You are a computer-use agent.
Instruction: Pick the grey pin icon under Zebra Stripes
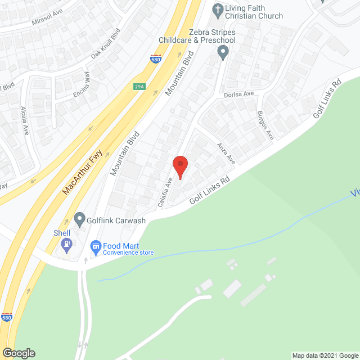point(223,53)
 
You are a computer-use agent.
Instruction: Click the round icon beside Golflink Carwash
point(79,218)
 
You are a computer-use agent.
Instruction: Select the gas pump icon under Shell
point(67,245)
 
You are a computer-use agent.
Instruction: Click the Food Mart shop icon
point(96,246)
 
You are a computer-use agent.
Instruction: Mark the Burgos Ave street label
point(265,127)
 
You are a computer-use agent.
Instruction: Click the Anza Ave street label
point(226,152)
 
